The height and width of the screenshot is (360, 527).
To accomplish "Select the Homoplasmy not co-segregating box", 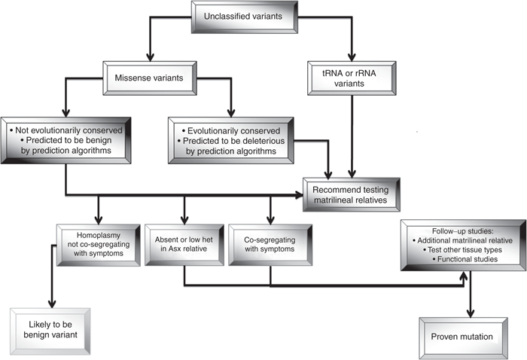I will click(x=99, y=243).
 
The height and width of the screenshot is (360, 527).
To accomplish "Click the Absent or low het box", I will click(x=184, y=243).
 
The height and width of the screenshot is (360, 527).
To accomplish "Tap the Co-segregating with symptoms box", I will click(x=268, y=243).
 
